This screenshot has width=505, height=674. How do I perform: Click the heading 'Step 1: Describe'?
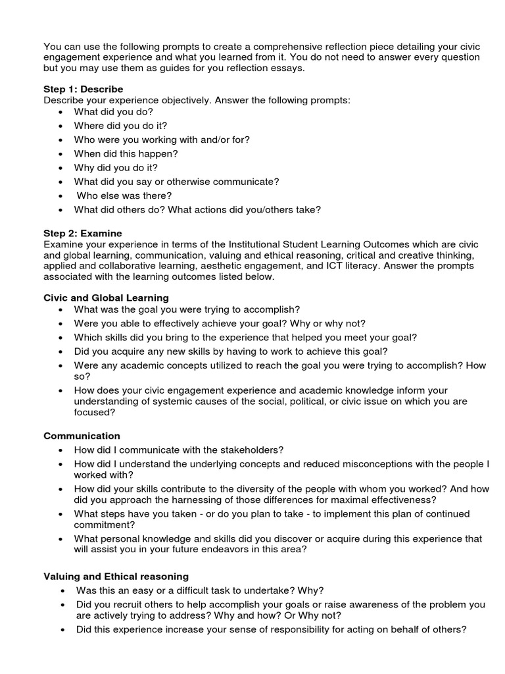(x=83, y=89)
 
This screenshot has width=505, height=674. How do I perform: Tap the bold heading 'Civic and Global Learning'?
(x=106, y=298)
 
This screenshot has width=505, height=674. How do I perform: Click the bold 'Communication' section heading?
(x=82, y=436)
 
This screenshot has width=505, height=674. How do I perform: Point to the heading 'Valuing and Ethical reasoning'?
(x=116, y=576)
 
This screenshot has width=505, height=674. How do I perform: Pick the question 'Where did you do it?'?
(x=120, y=126)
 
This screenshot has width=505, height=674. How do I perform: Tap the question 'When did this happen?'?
(x=126, y=153)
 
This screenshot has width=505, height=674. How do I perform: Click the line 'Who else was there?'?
(x=124, y=195)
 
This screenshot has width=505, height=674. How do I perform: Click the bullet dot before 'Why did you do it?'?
(x=61, y=168)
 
